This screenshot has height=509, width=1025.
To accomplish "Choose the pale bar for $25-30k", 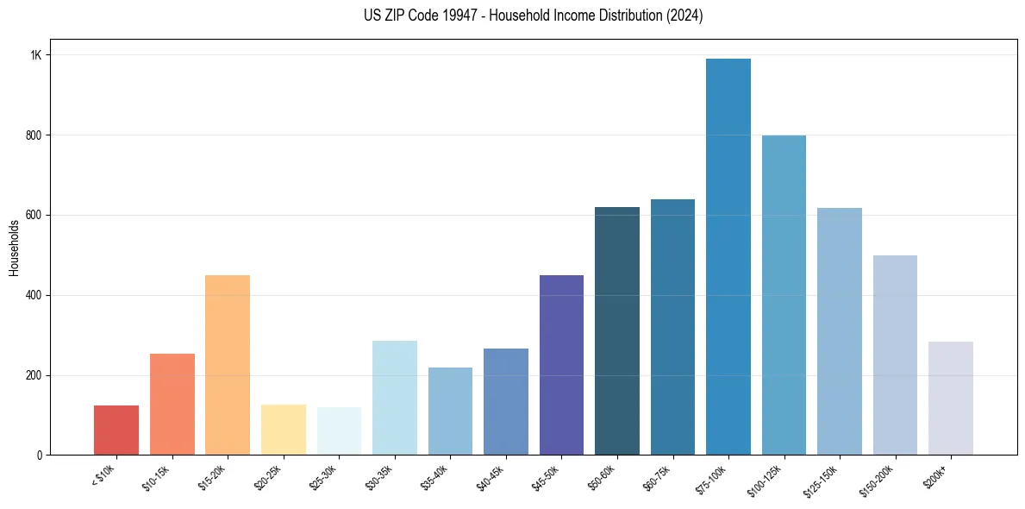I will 339,430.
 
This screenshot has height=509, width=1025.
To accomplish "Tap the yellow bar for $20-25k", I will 283,430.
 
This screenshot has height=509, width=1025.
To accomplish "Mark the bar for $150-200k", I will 895,355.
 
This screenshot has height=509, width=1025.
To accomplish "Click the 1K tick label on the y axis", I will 36,55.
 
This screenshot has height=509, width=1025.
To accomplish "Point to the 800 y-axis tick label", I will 34,135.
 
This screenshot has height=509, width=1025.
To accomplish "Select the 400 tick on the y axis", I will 34,295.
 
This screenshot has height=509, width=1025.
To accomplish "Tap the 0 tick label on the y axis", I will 40,456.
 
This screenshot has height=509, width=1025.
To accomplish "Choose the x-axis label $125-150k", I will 822,480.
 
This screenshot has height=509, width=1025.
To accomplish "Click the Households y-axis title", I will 15,248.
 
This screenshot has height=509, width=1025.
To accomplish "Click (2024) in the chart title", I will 683,16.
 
